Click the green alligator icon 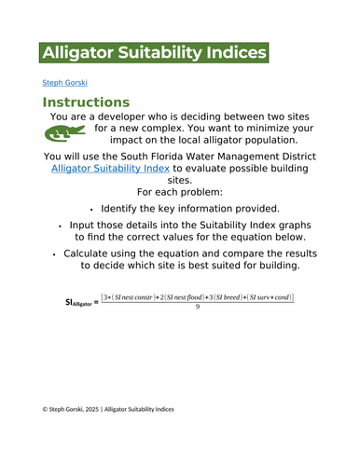pos(67,129)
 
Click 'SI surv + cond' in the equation pos(271,296)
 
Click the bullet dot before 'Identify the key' pos(90,209)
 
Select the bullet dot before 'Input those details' pos(60,226)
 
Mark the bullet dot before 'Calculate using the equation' pos(55,253)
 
